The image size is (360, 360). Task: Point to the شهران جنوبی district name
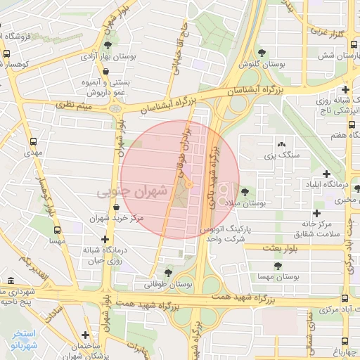(133, 191)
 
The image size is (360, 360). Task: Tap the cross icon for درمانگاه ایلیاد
(326, 174)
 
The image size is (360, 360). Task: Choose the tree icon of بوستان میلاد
(245, 191)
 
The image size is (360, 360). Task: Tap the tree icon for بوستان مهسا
(278, 266)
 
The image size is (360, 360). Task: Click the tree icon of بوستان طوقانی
(167, 273)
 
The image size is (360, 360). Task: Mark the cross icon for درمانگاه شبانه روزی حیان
(105, 240)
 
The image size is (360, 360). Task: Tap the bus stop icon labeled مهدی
(33, 139)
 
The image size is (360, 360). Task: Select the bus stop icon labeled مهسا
(57, 229)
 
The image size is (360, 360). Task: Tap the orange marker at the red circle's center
(188, 184)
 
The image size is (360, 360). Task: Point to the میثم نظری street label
(75, 106)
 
